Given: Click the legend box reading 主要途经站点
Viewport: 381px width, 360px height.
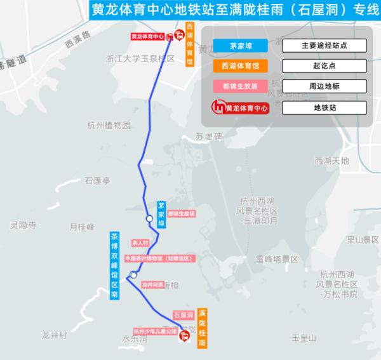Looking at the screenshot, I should point(324,45).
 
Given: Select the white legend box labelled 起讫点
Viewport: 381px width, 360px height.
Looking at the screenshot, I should point(324,65).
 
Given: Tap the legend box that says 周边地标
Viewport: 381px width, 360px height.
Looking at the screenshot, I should point(324,86).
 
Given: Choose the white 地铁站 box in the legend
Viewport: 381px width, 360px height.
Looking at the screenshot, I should point(324,108).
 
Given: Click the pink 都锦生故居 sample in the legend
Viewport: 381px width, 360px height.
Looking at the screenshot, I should point(240,86).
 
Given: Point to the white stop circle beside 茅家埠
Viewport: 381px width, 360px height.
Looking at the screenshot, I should point(150,218).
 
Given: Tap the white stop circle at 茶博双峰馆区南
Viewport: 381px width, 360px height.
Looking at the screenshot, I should point(133,275).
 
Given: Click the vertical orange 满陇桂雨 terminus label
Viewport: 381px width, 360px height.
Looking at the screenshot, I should point(201,327).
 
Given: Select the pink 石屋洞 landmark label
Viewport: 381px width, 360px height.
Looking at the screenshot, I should point(183,315).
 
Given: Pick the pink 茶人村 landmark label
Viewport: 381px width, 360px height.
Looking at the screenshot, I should point(139,243).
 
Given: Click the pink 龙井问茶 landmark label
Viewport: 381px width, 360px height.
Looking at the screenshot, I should point(152,284).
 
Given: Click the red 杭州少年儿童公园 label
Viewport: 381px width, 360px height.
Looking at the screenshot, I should point(154,331).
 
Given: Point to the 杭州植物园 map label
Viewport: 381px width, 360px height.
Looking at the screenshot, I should point(109,124).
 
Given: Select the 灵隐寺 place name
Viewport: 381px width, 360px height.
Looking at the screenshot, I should point(24,225).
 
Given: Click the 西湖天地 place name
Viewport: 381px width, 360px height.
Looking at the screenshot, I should point(332,161).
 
